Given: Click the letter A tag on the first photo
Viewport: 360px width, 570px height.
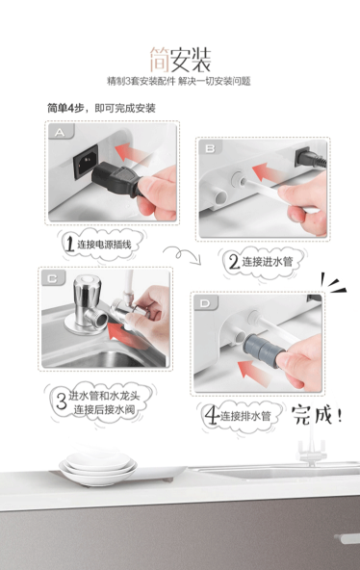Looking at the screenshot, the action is [x=61, y=132].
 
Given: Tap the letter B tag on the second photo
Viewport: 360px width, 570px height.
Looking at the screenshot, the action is [x=211, y=148].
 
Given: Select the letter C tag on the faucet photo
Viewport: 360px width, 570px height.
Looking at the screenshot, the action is [x=53, y=278].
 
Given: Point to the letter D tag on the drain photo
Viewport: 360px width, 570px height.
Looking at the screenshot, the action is [x=205, y=302].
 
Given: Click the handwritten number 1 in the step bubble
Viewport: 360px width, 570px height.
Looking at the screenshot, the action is [x=69, y=243].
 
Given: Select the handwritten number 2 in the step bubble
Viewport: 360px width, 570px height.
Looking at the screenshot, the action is [x=233, y=261].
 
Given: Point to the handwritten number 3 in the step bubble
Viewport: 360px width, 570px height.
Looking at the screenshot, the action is [x=62, y=399].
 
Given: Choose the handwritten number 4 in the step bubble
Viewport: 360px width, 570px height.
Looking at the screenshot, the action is [x=212, y=415].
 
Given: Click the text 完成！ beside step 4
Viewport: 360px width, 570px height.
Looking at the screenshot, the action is [x=317, y=414].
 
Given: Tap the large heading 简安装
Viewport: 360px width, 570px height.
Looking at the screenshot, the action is [x=180, y=60].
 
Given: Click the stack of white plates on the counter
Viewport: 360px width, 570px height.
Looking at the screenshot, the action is [x=98, y=468].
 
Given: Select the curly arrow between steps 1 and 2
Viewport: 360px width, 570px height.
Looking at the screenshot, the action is [x=183, y=254].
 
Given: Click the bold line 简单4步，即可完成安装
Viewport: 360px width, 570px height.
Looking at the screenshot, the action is [x=101, y=108].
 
